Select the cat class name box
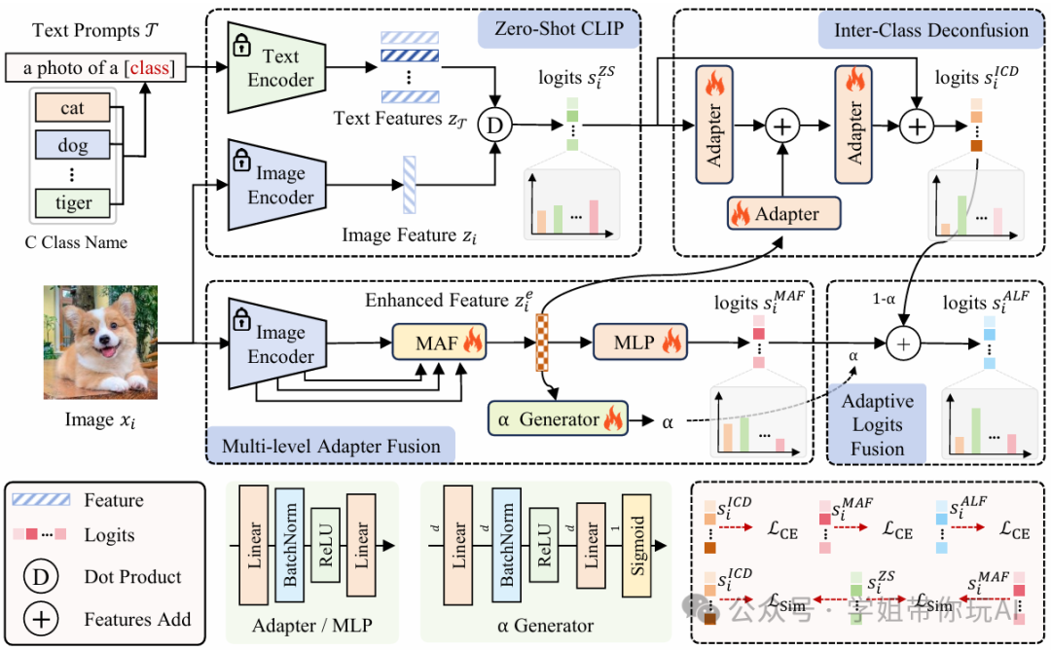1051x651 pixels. click(x=73, y=108)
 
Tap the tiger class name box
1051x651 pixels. click(x=73, y=202)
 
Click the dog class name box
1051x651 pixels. click(x=73, y=145)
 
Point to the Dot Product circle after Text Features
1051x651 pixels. click(x=496, y=125)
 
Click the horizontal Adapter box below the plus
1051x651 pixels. click(x=784, y=213)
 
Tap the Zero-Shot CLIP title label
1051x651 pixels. click(x=561, y=29)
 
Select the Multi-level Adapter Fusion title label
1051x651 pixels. click(x=332, y=447)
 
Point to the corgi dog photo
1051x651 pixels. click(x=99, y=342)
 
